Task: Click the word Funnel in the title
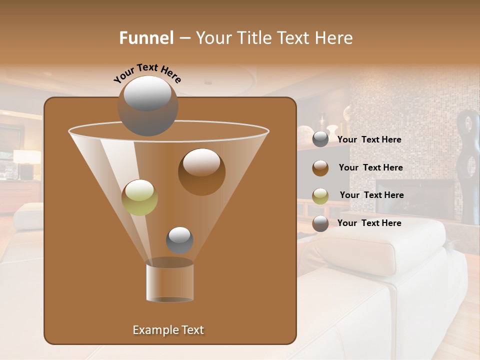pos(146,38)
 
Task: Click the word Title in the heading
pos(254,38)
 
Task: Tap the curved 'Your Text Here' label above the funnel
pos(147,73)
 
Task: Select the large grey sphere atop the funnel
pos(147,105)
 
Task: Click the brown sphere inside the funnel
pos(201,171)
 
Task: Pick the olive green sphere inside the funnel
pos(139,197)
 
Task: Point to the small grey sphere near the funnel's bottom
pos(179,240)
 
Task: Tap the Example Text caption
pos(168,330)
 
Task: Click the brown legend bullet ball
pos(320,168)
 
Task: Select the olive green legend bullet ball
pos(320,196)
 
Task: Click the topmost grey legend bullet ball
pos(320,139)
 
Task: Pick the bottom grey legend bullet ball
pos(320,223)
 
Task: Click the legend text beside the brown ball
pos(370,168)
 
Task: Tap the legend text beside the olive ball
pos(371,195)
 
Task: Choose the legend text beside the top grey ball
pos(369,140)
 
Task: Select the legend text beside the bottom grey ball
pos(369,223)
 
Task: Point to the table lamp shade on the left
pos(27,157)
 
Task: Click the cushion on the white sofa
pos(380,245)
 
